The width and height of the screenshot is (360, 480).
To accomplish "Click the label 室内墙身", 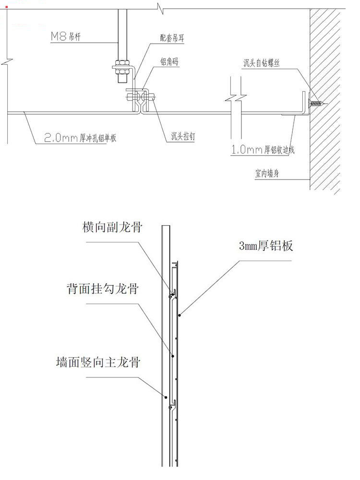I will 268,174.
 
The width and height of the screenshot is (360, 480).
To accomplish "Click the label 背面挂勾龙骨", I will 103,289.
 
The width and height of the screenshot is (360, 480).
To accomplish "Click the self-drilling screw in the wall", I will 317,103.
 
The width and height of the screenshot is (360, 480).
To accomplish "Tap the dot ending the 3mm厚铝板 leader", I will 179,315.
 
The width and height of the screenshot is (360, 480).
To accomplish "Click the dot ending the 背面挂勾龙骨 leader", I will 173,357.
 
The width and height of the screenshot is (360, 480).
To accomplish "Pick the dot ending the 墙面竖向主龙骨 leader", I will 166,397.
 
